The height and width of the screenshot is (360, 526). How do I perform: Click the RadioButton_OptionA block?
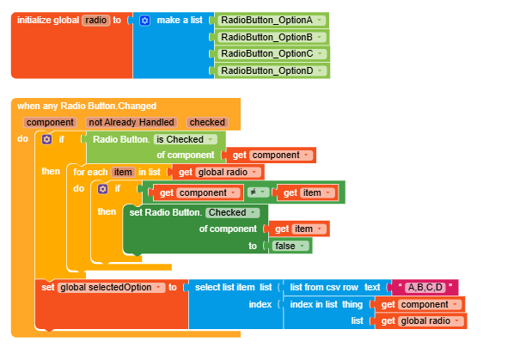[x=272, y=20]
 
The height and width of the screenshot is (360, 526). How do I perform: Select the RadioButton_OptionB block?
[x=272, y=37]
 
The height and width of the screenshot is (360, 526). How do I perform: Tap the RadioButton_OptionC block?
[x=272, y=54]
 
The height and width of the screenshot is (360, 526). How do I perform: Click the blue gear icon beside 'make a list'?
[x=144, y=20]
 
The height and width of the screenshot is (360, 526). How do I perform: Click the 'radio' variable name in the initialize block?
[x=95, y=20]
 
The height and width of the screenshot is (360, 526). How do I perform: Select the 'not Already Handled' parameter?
[x=131, y=123]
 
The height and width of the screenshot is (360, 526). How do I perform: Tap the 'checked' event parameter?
[x=206, y=123]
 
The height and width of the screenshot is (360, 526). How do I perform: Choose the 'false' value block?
[x=291, y=246]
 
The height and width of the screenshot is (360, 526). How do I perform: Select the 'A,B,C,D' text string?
[x=425, y=287]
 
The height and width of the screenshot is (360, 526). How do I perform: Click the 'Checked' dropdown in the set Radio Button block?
[x=231, y=212]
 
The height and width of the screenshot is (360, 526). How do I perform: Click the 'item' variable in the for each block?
[x=123, y=172]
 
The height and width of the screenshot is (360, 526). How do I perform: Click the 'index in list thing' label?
[x=327, y=304]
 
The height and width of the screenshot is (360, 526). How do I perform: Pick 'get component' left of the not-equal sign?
[x=200, y=192]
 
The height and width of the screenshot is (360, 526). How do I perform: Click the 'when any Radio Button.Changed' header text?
[x=87, y=106]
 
